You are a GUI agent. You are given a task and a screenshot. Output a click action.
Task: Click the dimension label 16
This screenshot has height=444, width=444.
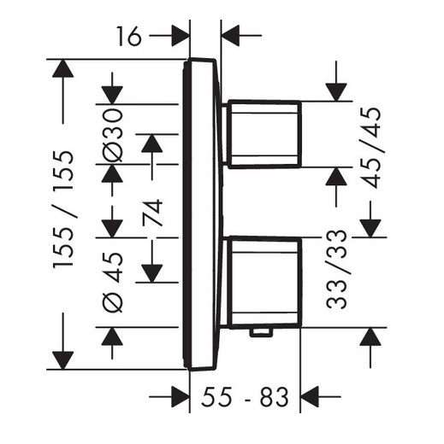pyautogui.click(x=129, y=36)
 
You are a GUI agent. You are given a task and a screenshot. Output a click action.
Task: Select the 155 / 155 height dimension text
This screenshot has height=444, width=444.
pyautogui.click(x=63, y=209)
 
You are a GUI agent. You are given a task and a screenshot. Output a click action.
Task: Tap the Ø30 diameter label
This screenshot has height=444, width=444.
pyautogui.click(x=113, y=135)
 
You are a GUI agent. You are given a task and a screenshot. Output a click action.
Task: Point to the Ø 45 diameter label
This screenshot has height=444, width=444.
pyautogui.click(x=113, y=283)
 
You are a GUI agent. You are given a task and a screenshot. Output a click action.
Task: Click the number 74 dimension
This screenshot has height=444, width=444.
pyautogui.click(x=152, y=213)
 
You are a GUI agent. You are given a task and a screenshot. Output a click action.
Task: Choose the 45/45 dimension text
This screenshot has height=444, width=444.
pyautogui.click(x=370, y=148)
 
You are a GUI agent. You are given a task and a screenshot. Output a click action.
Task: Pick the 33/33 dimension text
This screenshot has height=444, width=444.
pyautogui.click(x=336, y=269)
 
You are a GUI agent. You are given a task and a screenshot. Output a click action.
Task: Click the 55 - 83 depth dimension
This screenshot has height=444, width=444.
pyautogui.click(x=245, y=396)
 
